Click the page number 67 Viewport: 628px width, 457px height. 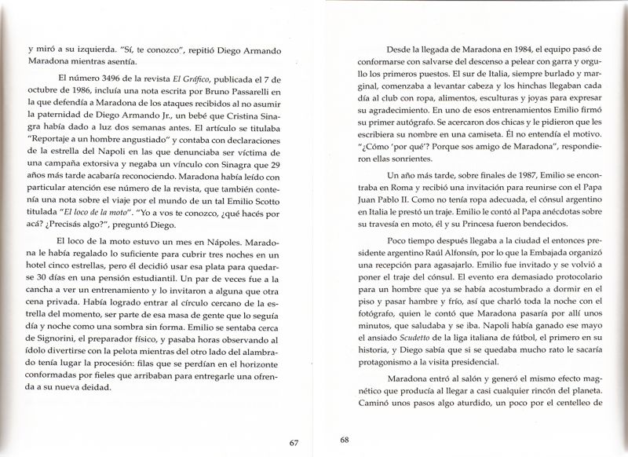[294, 443]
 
